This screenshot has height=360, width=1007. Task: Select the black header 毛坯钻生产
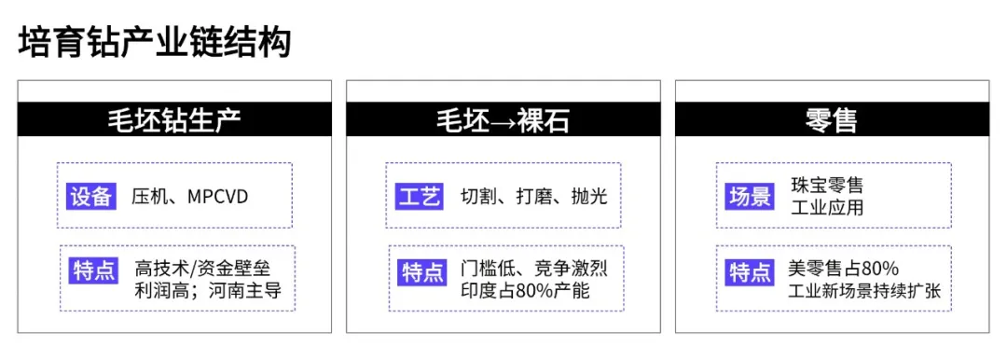pos(175,120)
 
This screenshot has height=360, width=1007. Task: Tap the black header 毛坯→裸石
pos(504,120)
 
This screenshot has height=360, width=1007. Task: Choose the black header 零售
pos(832,120)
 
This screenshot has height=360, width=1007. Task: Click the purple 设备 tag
pos(91,196)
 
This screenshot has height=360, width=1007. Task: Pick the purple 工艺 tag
pos(420,196)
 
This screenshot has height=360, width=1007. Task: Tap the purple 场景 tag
pos(750,196)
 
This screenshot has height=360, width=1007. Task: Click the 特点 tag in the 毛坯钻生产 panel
pos(93,271)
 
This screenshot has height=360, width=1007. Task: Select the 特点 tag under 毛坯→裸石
pos(422,271)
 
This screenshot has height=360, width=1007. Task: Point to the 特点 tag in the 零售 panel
pos(752,271)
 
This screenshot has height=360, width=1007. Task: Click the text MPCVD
pos(218,196)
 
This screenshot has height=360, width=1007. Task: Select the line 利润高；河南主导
pos(208,291)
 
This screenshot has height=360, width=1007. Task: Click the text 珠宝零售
pos(825,186)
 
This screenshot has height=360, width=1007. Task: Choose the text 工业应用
pos(825,207)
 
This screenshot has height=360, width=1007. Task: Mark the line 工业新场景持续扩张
pos(863,291)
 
